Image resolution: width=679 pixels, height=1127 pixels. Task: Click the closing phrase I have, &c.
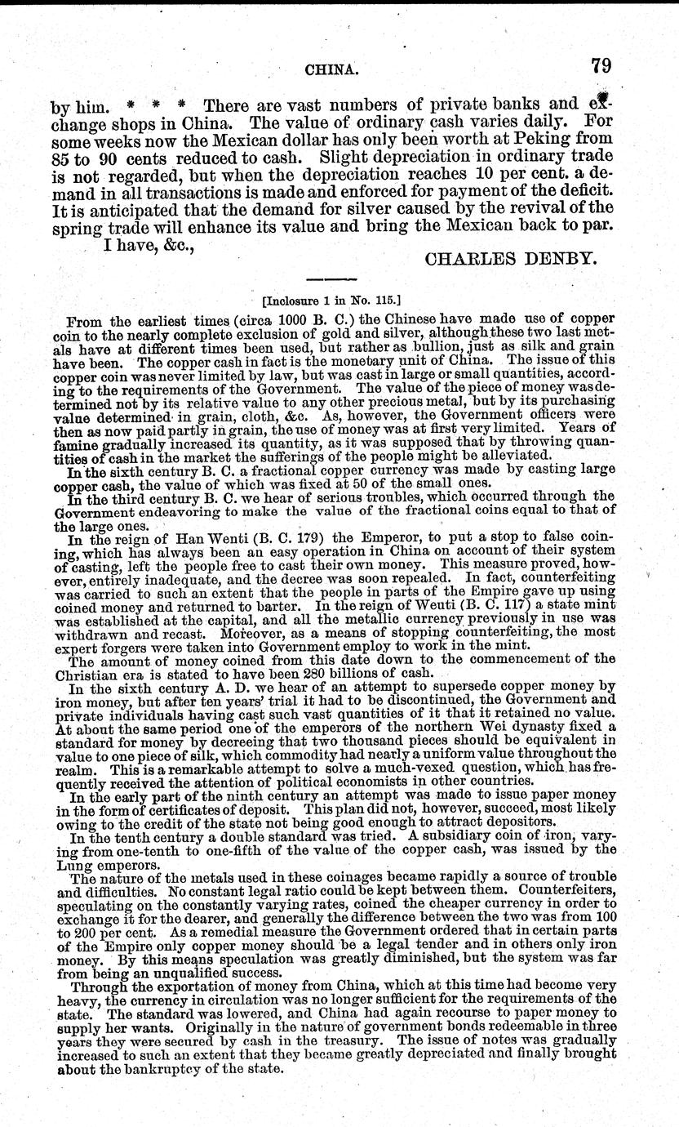149,237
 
